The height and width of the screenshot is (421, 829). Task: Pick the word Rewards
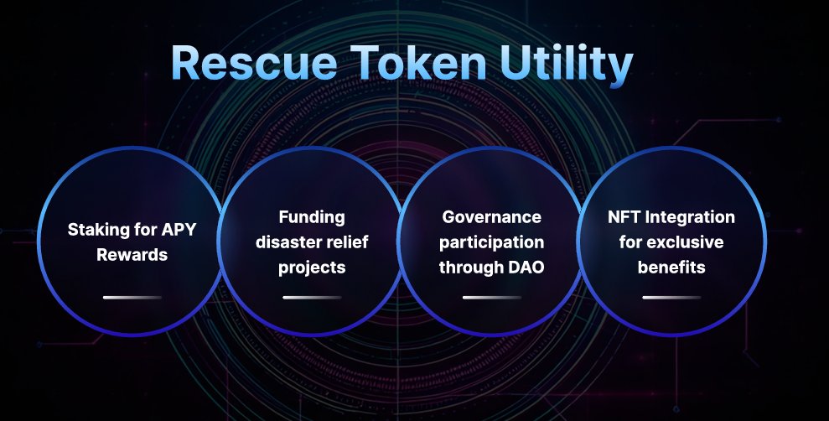point(132,254)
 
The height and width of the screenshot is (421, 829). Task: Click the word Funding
point(312,217)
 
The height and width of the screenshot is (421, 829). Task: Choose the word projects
point(312,268)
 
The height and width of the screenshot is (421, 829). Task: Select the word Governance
point(492,217)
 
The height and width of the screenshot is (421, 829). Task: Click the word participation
point(492,242)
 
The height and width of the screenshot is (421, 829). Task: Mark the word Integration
point(689,217)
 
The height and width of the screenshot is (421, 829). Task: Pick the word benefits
point(671,268)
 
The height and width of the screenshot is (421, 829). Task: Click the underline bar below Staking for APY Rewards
point(132,297)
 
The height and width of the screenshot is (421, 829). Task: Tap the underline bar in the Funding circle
point(312,297)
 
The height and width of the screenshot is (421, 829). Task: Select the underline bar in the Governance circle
point(492,297)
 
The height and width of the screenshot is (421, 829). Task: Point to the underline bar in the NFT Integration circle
point(671,297)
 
